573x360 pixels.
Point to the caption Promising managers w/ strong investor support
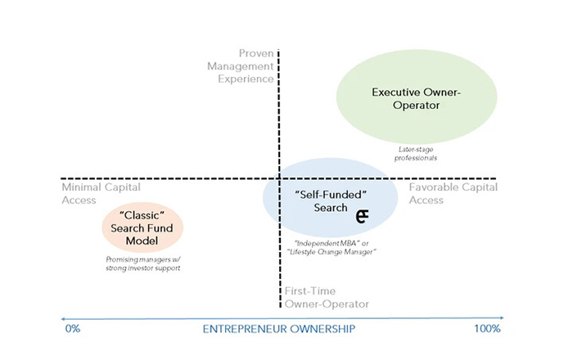point(142,263)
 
